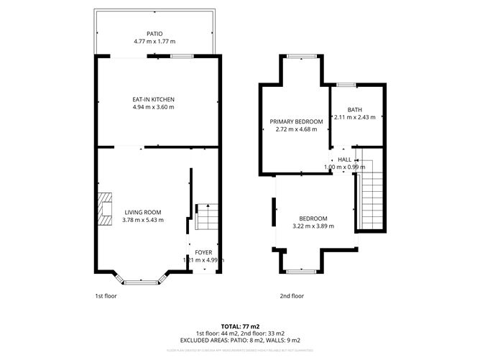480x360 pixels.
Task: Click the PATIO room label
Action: (154, 34)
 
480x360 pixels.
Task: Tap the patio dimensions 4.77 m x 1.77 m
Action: (154, 42)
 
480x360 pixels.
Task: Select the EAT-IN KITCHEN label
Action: (154, 99)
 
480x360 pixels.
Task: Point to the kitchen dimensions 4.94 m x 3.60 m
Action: (154, 107)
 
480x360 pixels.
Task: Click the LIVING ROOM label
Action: (143, 212)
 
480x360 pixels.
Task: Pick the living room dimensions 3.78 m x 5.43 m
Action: (143, 220)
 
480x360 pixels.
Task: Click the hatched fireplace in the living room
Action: (106, 208)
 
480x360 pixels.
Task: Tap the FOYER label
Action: (203, 252)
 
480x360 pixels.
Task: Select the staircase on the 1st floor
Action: (204, 216)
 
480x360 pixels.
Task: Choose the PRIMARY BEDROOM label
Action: (296, 122)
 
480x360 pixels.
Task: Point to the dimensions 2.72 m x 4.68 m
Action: (296, 130)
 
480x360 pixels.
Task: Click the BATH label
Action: (355, 110)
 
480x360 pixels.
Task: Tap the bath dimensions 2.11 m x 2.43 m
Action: (355, 118)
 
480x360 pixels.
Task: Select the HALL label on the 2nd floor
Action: (345, 160)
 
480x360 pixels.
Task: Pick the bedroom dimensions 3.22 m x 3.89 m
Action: (313, 226)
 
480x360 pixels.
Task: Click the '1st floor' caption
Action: (106, 295)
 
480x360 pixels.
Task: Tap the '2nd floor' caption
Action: (292, 295)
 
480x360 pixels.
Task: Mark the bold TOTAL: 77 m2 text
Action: (240, 326)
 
